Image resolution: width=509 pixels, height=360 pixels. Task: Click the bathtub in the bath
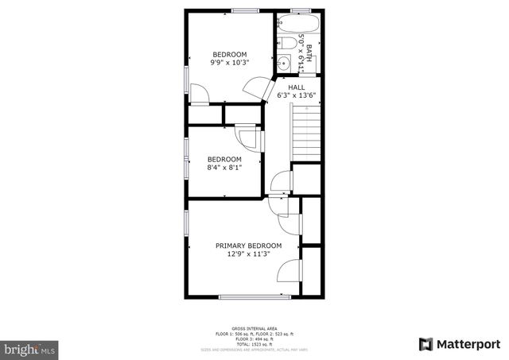click(x=301, y=25)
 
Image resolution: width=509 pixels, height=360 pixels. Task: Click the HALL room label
click(x=297, y=87)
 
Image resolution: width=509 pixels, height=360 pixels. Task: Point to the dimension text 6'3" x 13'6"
click(x=297, y=95)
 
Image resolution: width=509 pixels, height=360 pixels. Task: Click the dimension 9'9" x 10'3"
click(x=229, y=62)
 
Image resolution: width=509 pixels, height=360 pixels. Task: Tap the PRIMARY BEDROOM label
click(x=249, y=246)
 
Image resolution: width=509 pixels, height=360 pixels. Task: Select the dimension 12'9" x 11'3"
click(x=249, y=254)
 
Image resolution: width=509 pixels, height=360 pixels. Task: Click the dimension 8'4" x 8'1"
click(x=223, y=167)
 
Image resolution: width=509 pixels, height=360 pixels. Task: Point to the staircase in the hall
click(x=306, y=131)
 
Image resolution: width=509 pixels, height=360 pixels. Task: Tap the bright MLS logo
click(x=29, y=348)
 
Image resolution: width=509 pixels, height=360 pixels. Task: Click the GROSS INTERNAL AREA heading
click(x=254, y=328)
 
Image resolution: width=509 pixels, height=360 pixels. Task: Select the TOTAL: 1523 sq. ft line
click(x=254, y=343)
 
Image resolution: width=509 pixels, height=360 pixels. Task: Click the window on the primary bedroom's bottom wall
click(x=254, y=296)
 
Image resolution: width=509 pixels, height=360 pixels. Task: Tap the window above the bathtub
click(x=300, y=10)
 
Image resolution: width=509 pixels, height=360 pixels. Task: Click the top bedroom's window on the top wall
click(x=246, y=10)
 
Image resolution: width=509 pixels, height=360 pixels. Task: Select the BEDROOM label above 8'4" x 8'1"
click(x=223, y=159)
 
